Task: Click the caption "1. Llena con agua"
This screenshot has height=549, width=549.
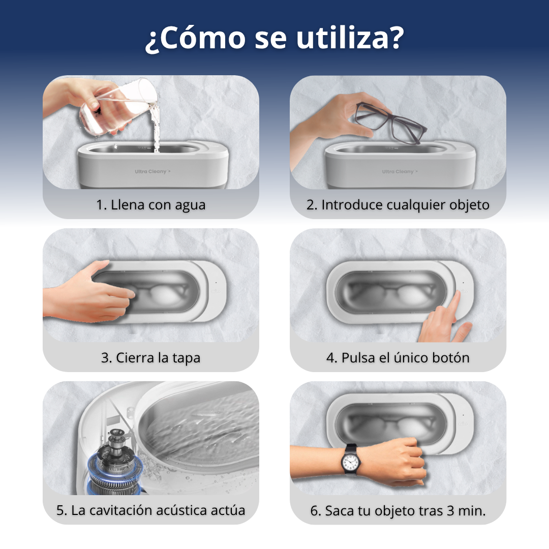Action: pos(151,205)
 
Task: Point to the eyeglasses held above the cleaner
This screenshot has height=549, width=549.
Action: pos(391,122)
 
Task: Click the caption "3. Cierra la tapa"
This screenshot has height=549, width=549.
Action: pos(151,357)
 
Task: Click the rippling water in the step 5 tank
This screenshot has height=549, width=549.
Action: pos(203,427)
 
